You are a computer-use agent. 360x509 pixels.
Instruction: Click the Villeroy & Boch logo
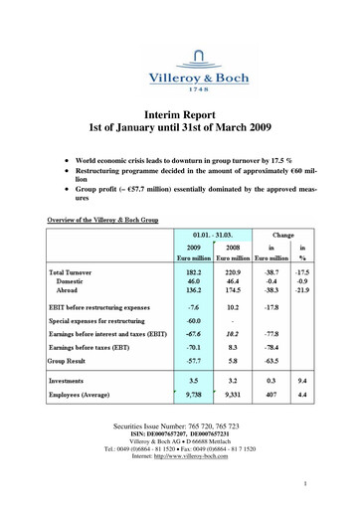click(x=180, y=51)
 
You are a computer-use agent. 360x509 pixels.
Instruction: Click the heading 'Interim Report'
click(x=180, y=115)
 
